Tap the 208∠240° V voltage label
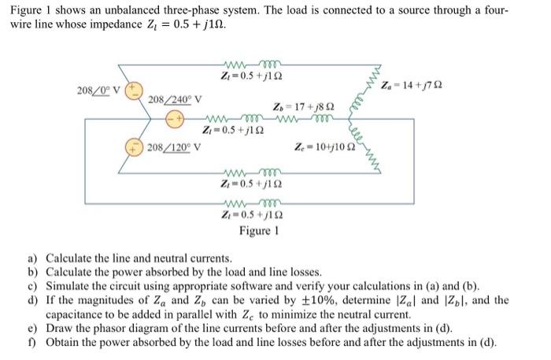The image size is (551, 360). click(175, 99)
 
